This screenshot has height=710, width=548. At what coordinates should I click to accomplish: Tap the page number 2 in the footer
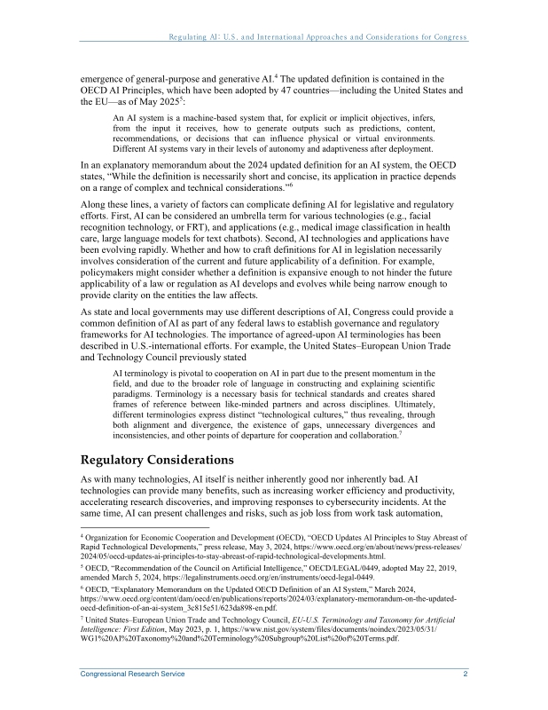click(x=465, y=674)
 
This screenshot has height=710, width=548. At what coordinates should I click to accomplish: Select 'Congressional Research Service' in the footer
click(x=133, y=674)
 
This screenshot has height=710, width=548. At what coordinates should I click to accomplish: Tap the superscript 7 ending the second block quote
click(x=402, y=434)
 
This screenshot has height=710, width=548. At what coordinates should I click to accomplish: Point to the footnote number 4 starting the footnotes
click(x=82, y=536)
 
